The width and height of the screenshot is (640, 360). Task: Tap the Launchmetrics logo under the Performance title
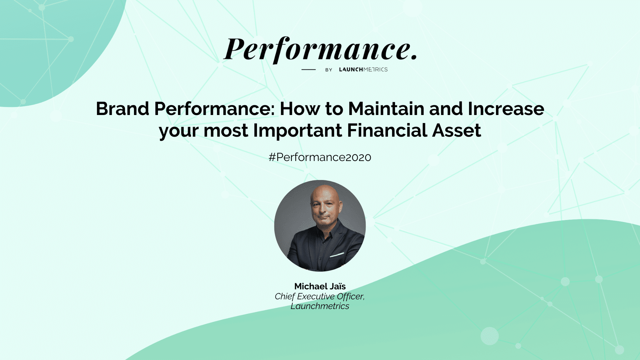tap(363, 69)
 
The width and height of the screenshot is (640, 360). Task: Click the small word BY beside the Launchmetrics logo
tap(329, 70)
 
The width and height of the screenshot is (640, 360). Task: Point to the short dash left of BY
tap(308, 69)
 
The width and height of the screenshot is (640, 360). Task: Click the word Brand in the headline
tap(122, 109)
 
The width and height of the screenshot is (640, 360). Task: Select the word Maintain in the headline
tap(386, 109)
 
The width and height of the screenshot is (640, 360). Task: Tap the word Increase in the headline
tap(506, 109)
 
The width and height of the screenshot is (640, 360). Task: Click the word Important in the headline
tap(298, 130)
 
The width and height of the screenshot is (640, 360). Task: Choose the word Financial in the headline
tap(387, 130)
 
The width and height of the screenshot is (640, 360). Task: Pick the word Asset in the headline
tap(457, 130)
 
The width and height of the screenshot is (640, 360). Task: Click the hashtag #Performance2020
tap(320, 157)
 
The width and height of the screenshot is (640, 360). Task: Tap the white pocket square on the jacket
tap(337, 255)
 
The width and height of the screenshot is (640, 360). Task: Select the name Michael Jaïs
tap(320, 286)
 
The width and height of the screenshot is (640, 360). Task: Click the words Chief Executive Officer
tap(320, 296)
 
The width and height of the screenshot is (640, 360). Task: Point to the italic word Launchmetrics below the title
tap(320, 306)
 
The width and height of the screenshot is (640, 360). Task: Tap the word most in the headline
tap(226, 131)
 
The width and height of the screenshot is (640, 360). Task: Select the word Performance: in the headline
tap(215, 109)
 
